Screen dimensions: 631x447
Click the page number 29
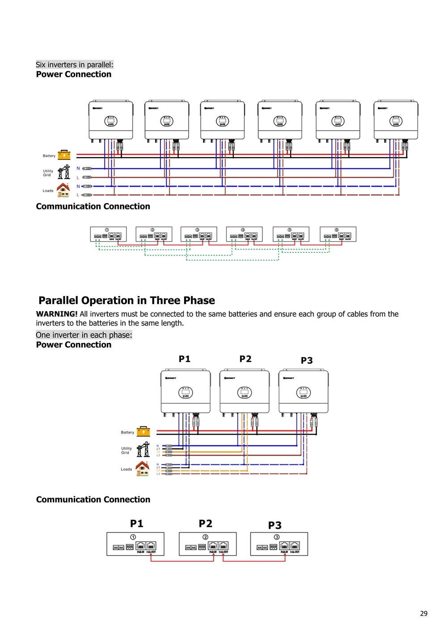click(x=423, y=614)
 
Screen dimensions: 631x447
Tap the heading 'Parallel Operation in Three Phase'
click(x=127, y=301)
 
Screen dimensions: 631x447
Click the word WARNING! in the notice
click(x=57, y=314)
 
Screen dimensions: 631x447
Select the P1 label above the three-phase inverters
click(x=185, y=359)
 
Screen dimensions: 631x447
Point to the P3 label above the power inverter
click(x=307, y=360)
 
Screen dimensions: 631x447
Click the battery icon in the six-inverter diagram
click(x=64, y=155)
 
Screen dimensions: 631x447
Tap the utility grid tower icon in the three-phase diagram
click(x=143, y=449)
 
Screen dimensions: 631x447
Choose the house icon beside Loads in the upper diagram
click(x=63, y=190)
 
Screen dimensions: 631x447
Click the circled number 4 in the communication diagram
click(x=243, y=230)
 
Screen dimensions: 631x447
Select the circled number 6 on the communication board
click(x=337, y=230)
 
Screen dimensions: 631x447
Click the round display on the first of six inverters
click(x=111, y=121)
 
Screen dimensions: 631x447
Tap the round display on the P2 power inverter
click(x=245, y=393)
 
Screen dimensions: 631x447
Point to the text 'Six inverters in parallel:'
click(x=75, y=65)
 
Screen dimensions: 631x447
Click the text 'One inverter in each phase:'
click(x=84, y=335)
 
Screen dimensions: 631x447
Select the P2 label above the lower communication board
click(x=206, y=523)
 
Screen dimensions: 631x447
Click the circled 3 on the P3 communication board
click(x=277, y=537)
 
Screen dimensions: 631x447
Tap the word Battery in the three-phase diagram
click(x=127, y=432)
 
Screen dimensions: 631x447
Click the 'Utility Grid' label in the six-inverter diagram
click(x=48, y=173)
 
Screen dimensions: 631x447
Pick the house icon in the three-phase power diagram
click(x=143, y=468)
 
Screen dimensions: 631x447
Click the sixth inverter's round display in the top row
click(x=396, y=121)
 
